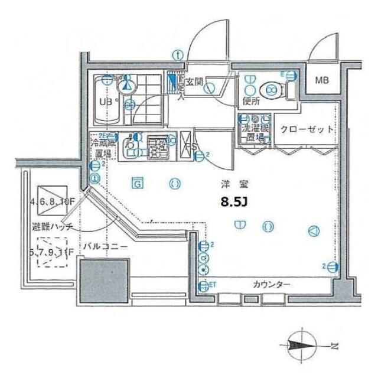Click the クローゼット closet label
click(307, 129)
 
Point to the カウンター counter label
click(272, 285)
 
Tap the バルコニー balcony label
click(105, 246)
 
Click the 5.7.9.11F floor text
click(52, 253)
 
